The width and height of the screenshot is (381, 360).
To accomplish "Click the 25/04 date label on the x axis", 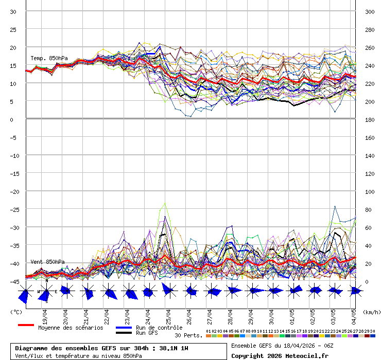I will coord(169,314).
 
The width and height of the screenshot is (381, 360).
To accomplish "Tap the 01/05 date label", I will coord(292,314).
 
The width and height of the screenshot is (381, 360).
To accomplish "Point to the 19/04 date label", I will coord(45,314).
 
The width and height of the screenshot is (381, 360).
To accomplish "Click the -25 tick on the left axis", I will coord(14,209).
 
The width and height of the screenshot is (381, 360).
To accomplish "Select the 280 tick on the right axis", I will coord(369,29).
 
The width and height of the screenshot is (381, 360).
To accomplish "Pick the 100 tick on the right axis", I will coord(369,191).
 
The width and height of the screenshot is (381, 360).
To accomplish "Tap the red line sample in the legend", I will coord(26,325).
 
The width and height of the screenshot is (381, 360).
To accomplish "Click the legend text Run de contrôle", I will coord(159,328).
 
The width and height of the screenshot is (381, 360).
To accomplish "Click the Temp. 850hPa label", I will coord(49,58).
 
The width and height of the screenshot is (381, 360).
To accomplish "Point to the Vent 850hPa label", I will coord(47,262).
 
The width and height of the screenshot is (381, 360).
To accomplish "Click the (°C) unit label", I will coord(16,312).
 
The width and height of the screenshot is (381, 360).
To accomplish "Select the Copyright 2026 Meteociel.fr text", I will coord(280,355).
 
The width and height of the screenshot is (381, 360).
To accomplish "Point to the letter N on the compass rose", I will coord(46,281).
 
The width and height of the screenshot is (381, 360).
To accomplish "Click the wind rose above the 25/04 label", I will coord(168,291).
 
